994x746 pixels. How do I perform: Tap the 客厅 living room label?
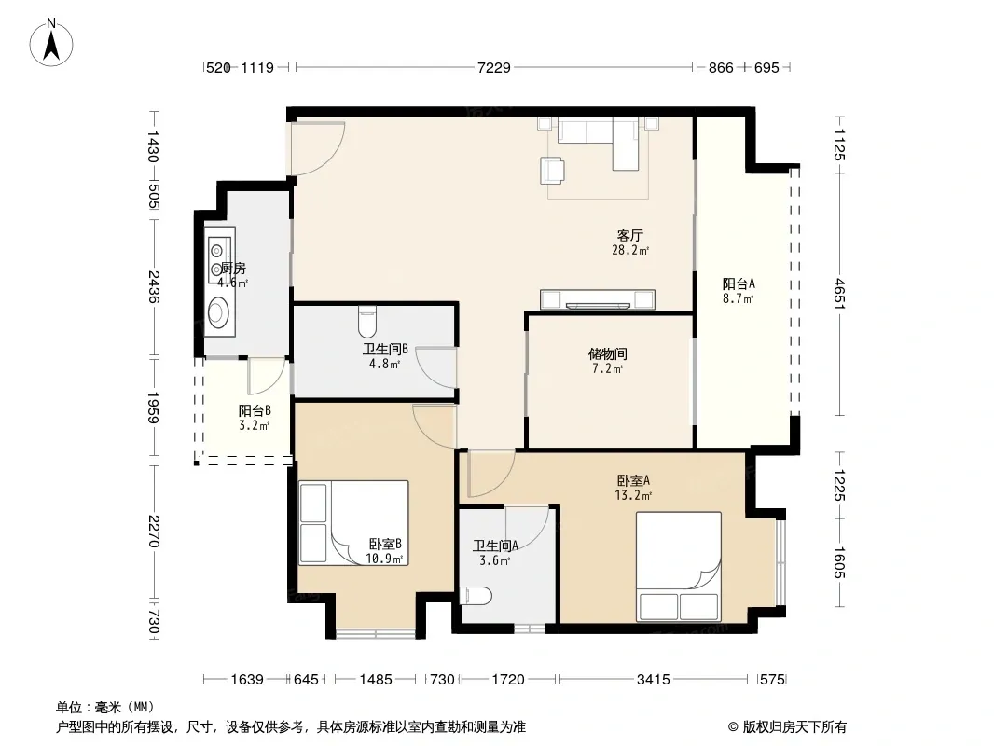(630, 236)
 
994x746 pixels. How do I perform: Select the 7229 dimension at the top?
(494, 67)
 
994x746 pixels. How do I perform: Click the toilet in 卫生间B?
(367, 322)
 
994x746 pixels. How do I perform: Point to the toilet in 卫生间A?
(476, 596)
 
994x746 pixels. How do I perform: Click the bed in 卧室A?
(679, 566)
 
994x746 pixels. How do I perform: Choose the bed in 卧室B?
(353, 523)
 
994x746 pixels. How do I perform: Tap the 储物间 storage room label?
(608, 353)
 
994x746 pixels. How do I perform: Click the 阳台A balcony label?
(739, 284)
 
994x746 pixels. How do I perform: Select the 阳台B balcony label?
(255, 410)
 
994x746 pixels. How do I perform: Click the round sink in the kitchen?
(218, 311)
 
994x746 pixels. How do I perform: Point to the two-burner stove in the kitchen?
(220, 256)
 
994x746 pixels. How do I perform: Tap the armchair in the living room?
(553, 171)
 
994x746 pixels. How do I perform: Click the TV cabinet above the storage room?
(597, 299)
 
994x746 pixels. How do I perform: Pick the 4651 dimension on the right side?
(839, 294)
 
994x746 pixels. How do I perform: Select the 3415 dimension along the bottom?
(653, 680)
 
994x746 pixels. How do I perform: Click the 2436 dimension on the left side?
(154, 286)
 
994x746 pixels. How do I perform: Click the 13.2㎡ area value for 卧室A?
(632, 495)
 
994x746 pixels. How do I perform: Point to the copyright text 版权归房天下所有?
(794, 727)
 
